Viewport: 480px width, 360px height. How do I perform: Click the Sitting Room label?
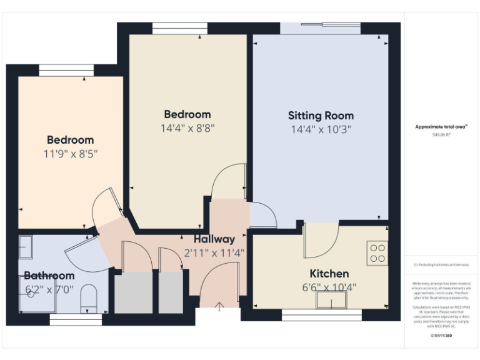pos(321,116)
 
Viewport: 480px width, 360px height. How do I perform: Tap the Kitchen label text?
pos(329,274)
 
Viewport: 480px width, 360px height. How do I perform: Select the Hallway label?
pos(214,239)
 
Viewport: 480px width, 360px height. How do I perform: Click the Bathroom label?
pos(49,276)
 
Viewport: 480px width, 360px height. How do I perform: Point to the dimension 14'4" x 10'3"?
pos(321,130)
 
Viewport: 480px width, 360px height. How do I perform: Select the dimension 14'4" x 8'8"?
pos(187,129)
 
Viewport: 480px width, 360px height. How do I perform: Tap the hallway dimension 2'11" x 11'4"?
pos(214,253)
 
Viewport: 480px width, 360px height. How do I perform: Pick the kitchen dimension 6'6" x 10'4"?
pos(329,287)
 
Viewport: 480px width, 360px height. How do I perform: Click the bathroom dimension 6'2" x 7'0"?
pos(49,289)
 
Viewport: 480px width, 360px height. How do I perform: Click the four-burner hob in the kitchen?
pos(377,253)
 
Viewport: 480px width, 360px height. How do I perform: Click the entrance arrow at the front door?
pos(220,306)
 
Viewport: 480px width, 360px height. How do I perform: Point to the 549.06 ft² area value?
pos(441,134)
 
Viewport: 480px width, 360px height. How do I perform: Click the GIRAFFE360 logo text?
pos(441,336)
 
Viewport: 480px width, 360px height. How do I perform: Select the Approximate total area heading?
pos(441,127)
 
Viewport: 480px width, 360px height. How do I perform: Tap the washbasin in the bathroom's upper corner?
pos(26,247)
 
